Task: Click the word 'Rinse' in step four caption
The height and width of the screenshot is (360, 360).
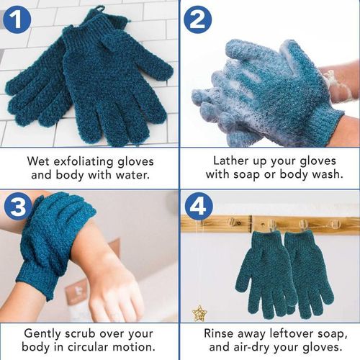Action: pyautogui.click(x=221, y=333)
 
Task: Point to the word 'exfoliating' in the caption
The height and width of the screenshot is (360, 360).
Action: pyautogui.click(x=85, y=161)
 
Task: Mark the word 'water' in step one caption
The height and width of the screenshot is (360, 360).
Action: pyautogui.click(x=134, y=175)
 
